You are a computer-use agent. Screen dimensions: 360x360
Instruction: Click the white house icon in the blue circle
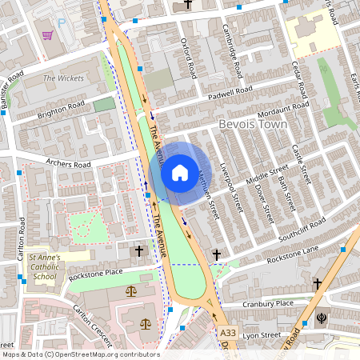179,172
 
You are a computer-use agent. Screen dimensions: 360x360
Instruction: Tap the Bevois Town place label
251,125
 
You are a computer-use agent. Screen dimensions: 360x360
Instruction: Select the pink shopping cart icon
48,35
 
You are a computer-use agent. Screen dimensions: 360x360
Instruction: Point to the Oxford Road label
189,58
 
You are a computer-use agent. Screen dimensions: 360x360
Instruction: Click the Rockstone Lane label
293,249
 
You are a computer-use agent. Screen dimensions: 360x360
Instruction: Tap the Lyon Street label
263,335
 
